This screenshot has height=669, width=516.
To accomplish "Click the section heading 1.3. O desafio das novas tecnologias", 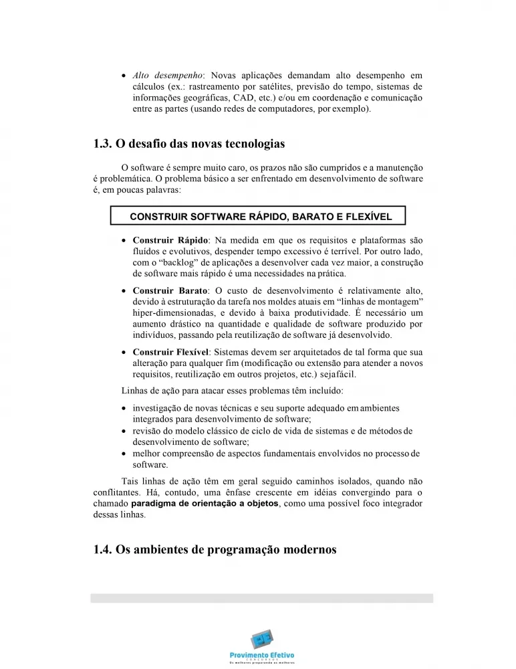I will [189, 144].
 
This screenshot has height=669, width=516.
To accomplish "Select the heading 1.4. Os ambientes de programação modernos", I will [215, 549].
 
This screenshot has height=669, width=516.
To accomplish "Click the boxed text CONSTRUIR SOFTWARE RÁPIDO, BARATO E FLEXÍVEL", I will [260, 216].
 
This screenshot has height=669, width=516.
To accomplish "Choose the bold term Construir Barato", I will [170, 290].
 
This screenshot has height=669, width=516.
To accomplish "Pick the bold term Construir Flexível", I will [171, 352].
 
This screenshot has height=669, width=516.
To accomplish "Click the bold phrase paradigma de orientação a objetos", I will [205, 502].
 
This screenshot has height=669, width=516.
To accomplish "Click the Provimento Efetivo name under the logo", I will [261, 654].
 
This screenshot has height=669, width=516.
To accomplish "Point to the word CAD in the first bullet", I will [237, 97].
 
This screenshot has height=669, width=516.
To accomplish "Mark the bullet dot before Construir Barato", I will [125, 291].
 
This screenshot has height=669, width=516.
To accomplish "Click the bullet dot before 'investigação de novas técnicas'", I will [125, 408].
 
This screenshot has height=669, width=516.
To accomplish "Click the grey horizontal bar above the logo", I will [261, 598].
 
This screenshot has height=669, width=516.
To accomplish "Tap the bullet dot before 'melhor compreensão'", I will [125, 454].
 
